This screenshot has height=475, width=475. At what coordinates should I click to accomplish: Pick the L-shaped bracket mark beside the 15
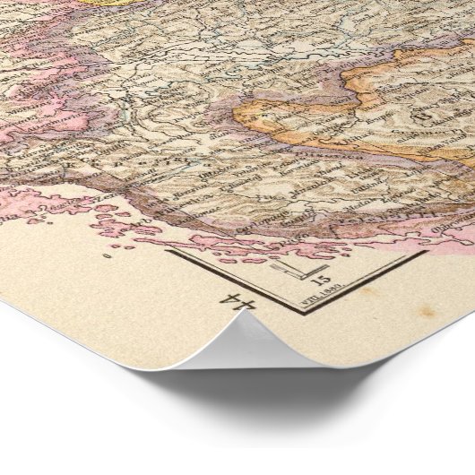[285, 269]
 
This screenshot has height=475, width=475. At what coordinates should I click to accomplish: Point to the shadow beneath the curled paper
[296, 394]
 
